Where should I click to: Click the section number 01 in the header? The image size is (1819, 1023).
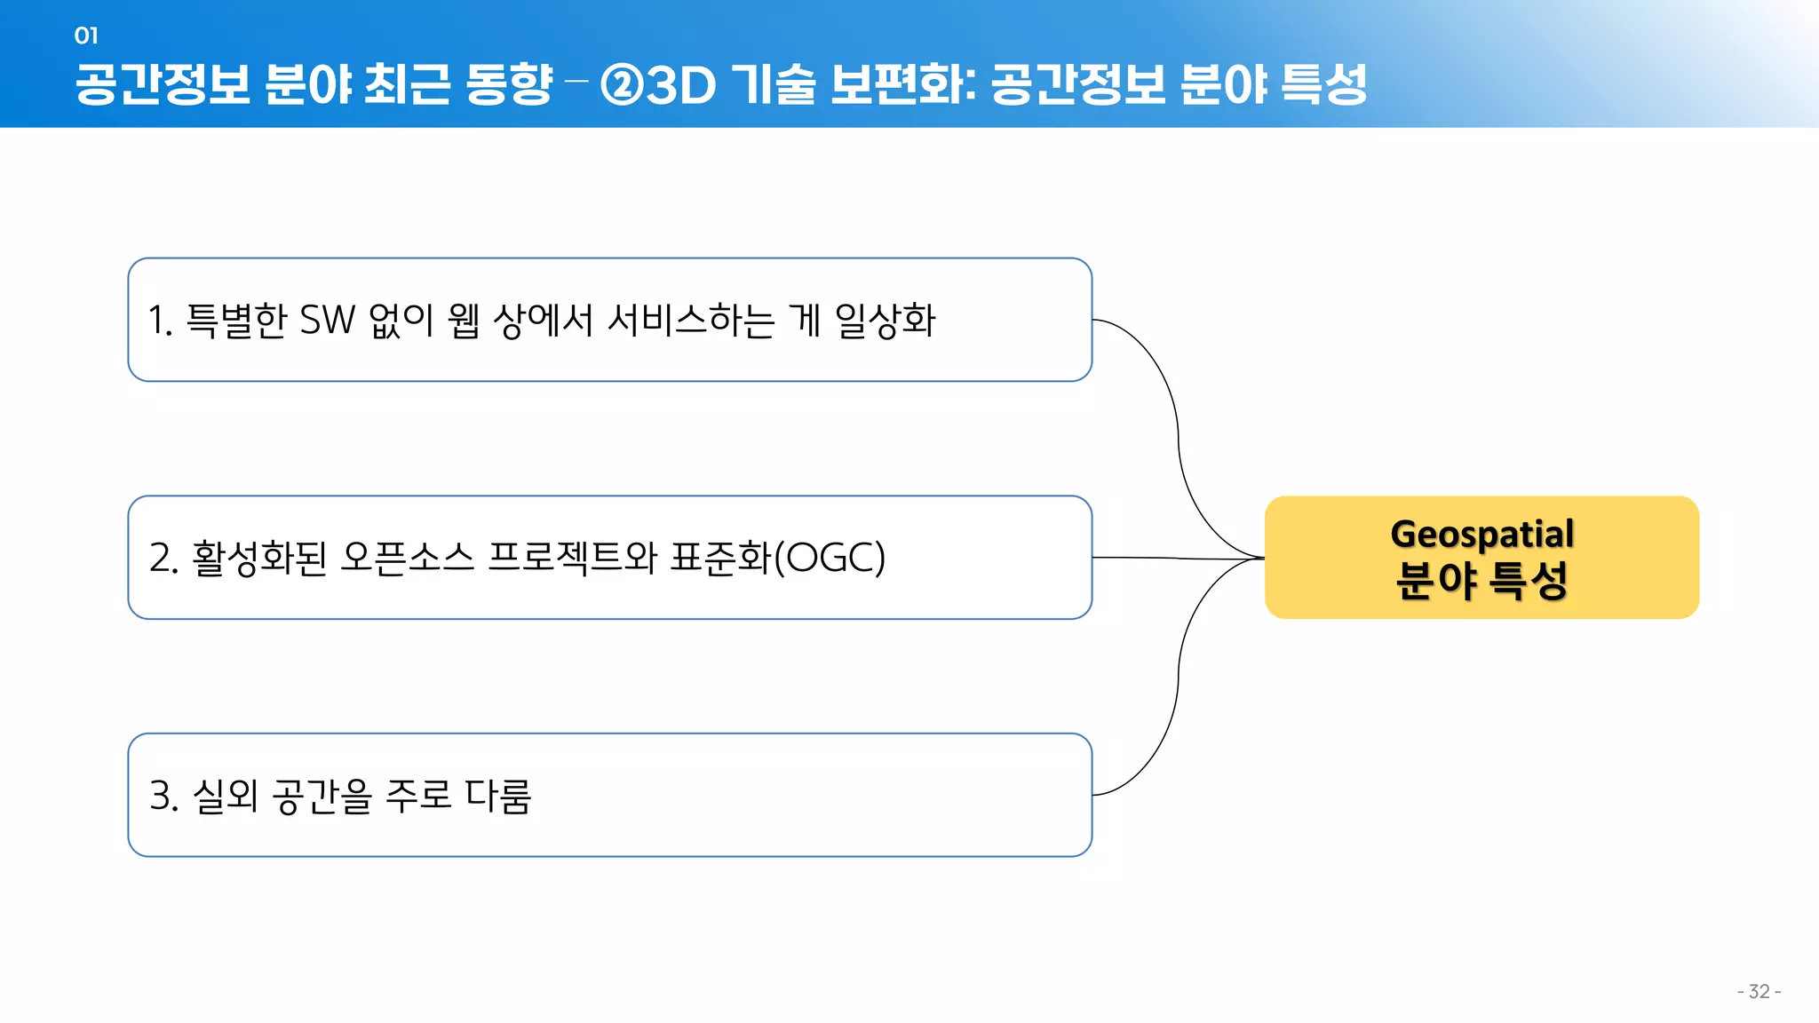(86, 36)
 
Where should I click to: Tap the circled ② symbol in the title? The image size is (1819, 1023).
(622, 85)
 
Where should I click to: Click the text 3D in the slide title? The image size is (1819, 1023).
(681, 86)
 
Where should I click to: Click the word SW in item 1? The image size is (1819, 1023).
(328, 321)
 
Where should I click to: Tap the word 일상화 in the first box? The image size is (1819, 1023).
(886, 321)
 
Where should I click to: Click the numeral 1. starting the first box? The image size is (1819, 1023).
(160, 321)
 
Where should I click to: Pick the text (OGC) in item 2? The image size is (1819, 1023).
(830, 558)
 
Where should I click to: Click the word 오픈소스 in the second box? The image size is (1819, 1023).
(407, 558)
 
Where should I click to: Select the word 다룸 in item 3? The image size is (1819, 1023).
(498, 796)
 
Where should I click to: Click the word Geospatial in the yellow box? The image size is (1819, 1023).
(1481, 534)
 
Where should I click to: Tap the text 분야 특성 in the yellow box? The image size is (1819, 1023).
(1481, 581)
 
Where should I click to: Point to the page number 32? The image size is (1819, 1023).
(1759, 991)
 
